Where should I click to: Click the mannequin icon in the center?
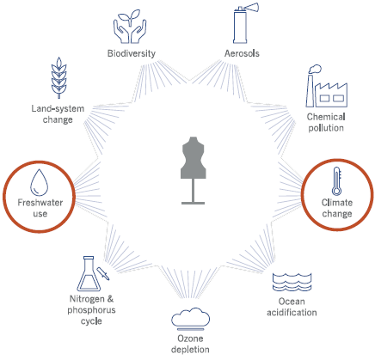[193, 170]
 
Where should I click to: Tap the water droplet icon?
[40, 182]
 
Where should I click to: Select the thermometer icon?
[336, 181]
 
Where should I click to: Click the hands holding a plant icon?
[130, 27]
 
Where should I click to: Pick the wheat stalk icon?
[58, 77]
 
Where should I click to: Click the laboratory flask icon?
[89, 274]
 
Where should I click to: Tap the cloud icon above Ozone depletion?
[191, 317]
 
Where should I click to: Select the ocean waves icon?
[292, 282]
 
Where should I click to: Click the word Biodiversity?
[132, 53]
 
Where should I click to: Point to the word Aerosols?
[242, 53]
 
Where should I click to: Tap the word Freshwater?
[40, 203]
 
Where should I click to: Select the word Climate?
[337, 203]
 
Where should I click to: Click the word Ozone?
[190, 339]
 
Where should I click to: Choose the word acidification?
[292, 312]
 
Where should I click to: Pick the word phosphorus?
[91, 310]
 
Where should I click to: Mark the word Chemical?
[326, 117]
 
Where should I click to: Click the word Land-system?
[58, 108]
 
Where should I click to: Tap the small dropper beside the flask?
[103, 274]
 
